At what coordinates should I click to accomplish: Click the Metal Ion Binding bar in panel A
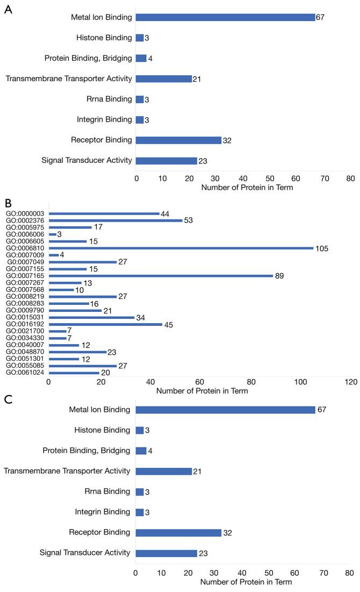(225, 17)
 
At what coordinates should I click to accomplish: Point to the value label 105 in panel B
(322, 248)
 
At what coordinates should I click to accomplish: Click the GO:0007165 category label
(25, 276)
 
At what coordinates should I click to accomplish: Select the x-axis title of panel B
(202, 391)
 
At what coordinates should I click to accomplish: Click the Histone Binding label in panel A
(101, 38)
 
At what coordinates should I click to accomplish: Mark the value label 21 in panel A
(197, 79)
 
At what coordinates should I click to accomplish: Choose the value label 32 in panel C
(228, 532)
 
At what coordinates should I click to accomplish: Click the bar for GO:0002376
(115, 220)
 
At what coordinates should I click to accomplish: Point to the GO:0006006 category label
(25, 234)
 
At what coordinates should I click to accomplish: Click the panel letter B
(8, 203)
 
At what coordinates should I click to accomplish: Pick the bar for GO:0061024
(74, 372)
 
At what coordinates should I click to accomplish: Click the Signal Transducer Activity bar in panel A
(166, 161)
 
